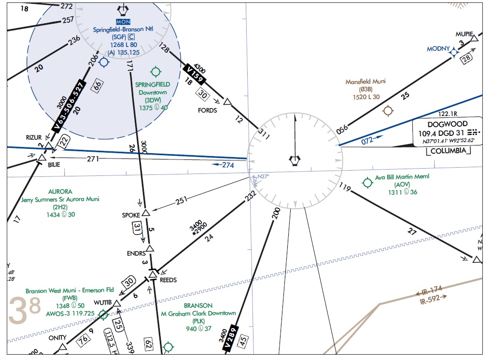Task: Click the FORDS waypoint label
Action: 208,110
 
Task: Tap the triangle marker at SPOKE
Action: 146,212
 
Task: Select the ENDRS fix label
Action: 136,254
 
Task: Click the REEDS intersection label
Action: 168,280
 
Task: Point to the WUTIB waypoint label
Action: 102,302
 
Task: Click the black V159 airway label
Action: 196,74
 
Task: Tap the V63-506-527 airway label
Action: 70,106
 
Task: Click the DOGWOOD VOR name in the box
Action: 448,124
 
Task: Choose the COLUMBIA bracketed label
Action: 449,151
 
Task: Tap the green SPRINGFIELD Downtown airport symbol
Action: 155,72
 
